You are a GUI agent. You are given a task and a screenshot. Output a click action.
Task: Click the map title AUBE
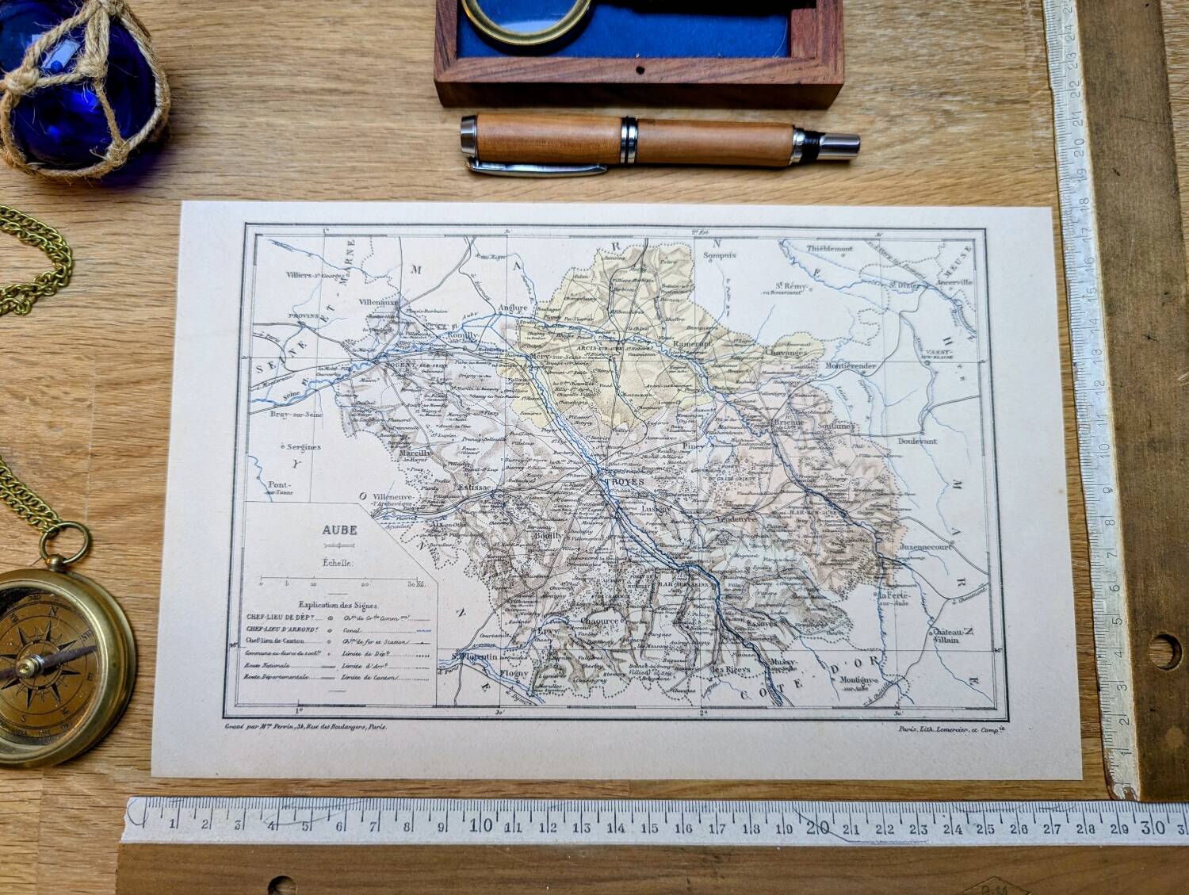338,530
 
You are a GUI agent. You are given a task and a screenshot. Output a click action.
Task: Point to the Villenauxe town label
380,302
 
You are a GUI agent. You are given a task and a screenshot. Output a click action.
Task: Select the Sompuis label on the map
720,255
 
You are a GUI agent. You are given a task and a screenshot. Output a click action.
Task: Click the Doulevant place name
917,441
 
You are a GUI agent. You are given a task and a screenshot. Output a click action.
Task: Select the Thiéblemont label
829,248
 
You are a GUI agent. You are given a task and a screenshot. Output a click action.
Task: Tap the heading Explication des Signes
338,605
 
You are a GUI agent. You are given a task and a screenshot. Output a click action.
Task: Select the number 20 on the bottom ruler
817,828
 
